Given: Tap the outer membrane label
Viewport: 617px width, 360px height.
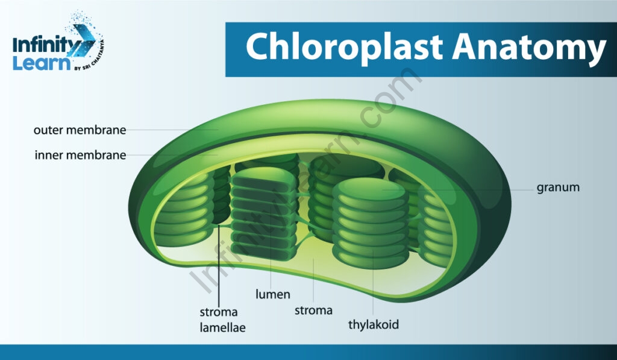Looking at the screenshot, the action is pos(80,130).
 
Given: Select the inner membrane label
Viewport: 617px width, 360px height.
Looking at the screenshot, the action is pos(80,155).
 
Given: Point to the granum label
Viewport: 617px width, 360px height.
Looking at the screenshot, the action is pos(558,188).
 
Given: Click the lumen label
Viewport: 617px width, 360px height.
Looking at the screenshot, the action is pos(273,294).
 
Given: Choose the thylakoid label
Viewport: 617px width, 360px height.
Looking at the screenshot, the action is pos(374,324).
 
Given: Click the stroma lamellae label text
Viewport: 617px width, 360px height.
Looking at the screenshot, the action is pos(222,320).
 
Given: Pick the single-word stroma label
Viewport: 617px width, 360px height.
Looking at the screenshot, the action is pos(313,311).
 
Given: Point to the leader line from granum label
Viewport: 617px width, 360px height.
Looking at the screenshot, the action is pos(458,190).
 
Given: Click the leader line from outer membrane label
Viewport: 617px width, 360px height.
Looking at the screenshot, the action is pos(172,130).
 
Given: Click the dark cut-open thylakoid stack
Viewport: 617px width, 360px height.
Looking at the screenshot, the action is pos(264,215).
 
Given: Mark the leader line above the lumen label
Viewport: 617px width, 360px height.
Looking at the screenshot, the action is pos(271,248).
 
